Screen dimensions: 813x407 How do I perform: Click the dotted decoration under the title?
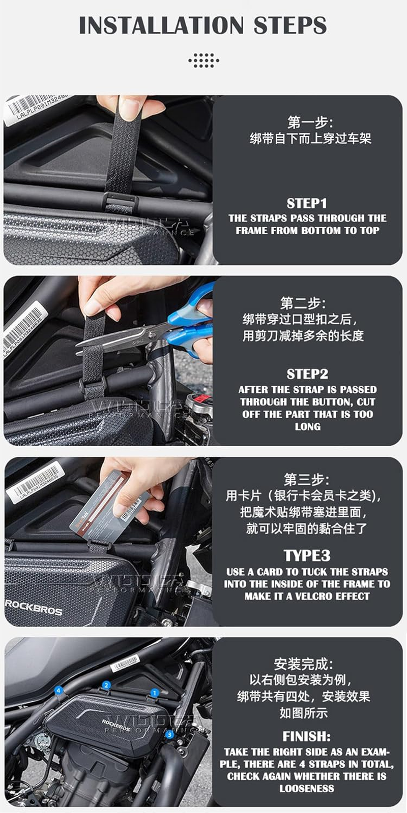203,60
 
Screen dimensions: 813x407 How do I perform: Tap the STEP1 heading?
307,203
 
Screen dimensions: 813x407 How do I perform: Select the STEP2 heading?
307,374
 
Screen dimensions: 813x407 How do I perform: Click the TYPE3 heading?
307,555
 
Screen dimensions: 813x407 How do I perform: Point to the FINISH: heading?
307,736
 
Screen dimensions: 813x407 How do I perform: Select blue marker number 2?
106,685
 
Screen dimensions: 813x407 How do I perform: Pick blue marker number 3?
169,734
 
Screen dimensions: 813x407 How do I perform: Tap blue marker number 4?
59,691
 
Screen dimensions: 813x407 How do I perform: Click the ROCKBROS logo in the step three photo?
34,607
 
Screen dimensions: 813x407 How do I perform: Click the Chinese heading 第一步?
310,122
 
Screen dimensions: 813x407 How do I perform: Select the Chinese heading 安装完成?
303,664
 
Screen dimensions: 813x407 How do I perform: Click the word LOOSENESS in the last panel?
307,789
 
